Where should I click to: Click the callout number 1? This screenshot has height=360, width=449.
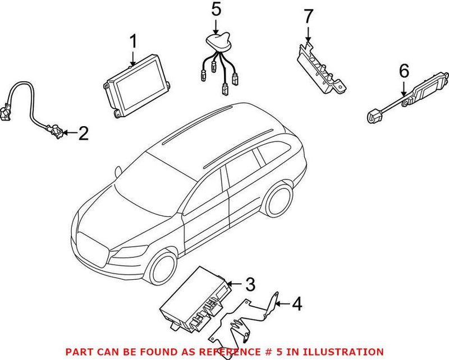(133, 42)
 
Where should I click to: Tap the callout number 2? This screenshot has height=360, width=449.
(83, 133)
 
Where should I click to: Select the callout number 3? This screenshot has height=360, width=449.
(250, 284)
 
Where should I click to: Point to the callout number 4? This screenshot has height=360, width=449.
(296, 304)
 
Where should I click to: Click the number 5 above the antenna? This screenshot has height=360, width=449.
(216, 10)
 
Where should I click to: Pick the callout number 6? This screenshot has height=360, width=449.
(404, 71)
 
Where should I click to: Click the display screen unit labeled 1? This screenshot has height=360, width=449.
(136, 86)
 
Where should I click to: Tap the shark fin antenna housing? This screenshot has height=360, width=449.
(219, 43)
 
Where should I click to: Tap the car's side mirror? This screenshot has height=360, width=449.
(118, 171)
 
